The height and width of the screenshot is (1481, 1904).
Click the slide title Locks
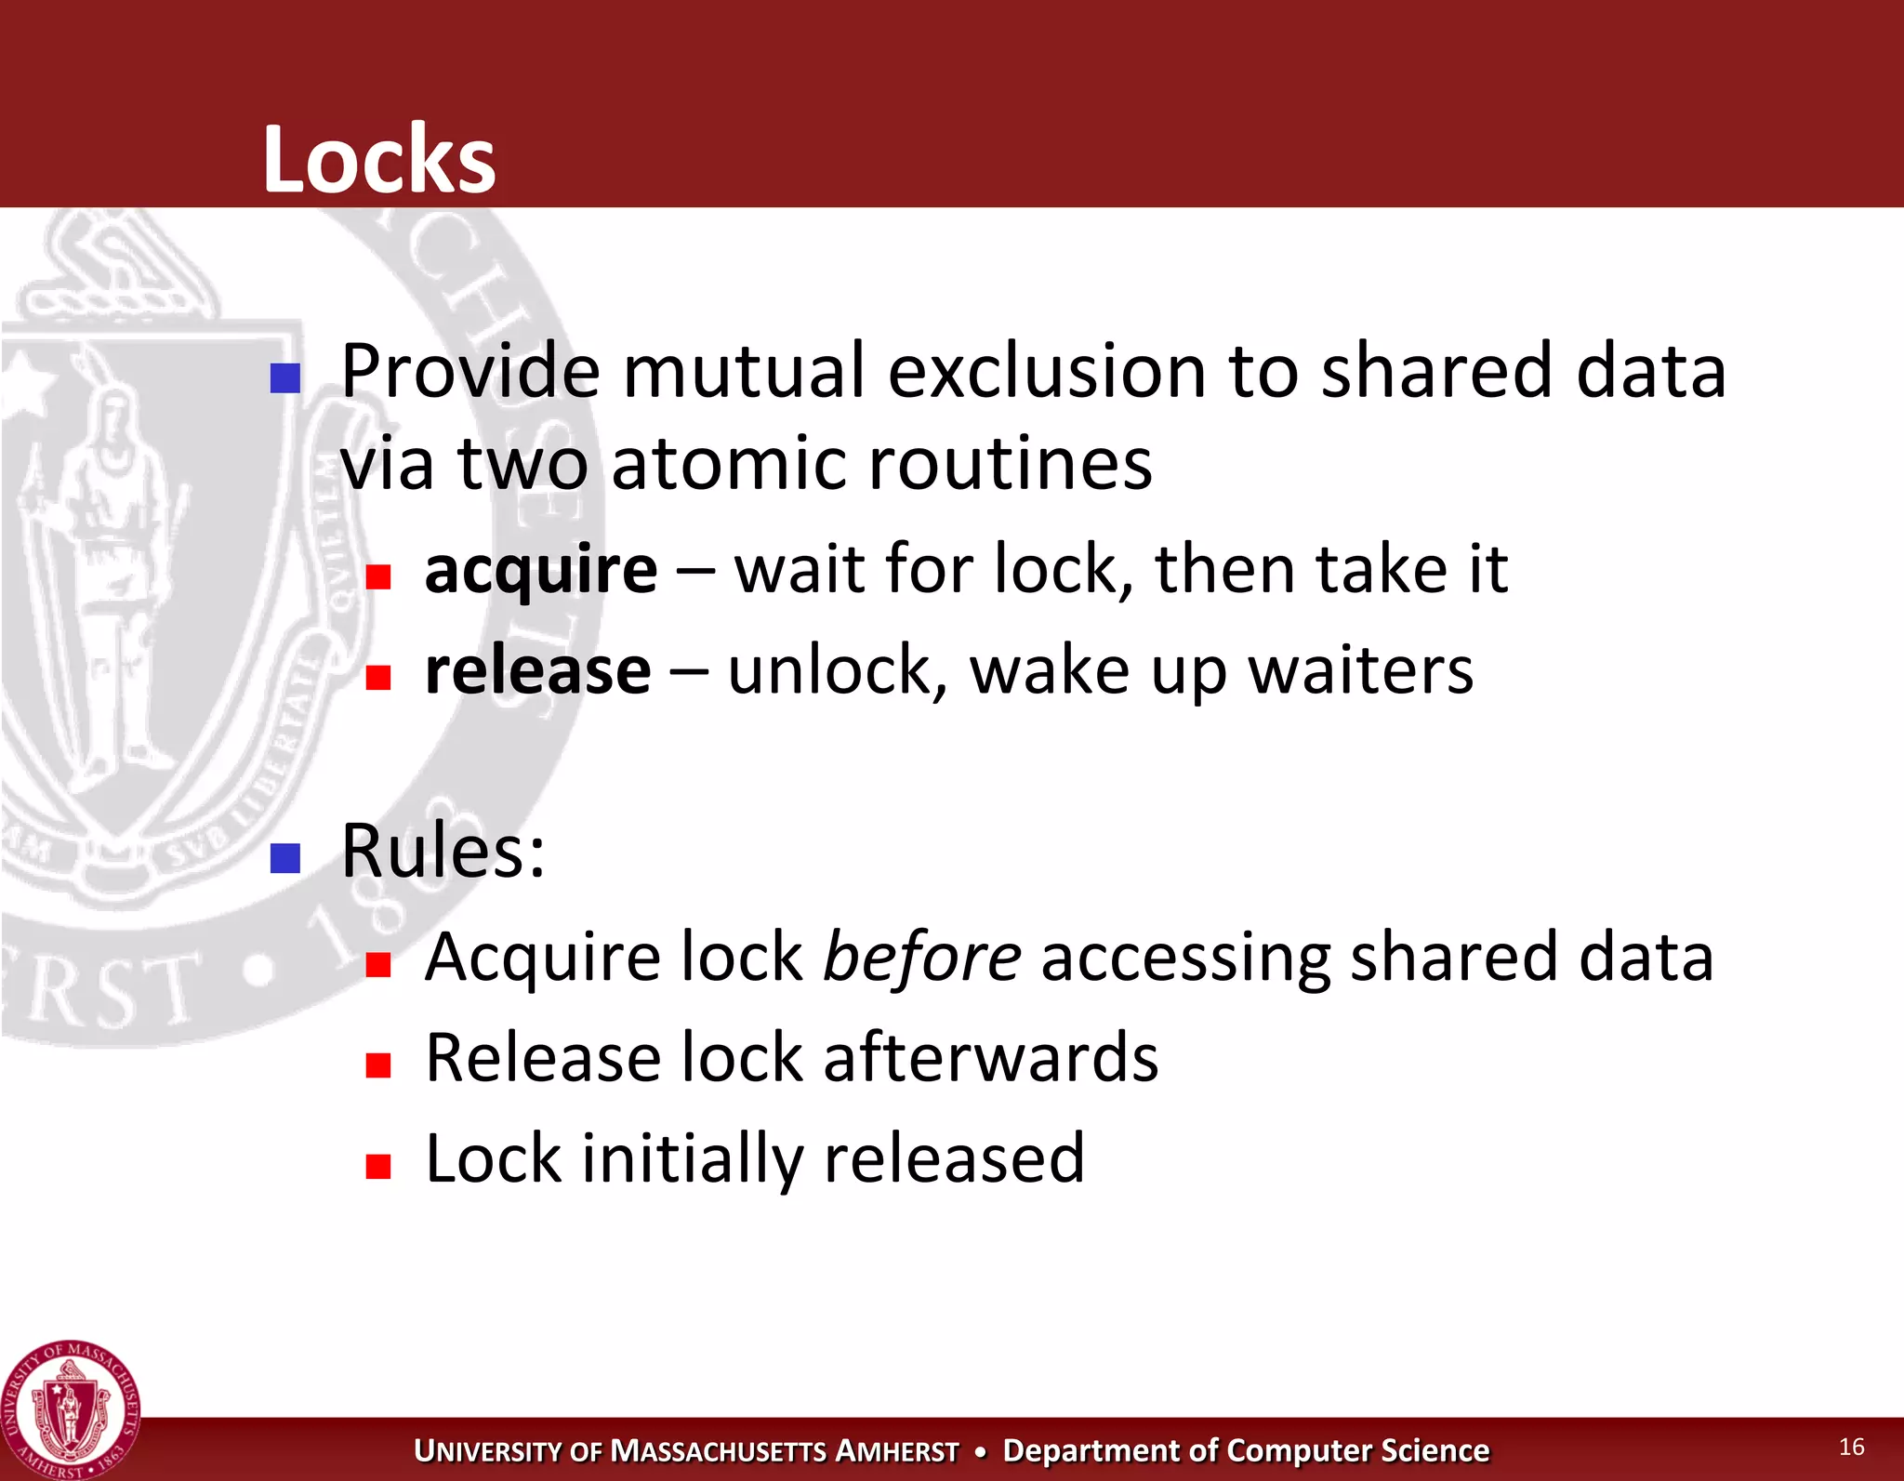[x=379, y=160]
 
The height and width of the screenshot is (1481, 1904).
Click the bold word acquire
[x=540, y=570]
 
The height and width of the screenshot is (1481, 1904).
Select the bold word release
[x=537, y=670]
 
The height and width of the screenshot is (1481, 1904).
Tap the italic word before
[x=921, y=957]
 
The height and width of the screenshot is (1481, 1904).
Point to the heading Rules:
[x=443, y=851]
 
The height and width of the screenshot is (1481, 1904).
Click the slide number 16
[x=1851, y=1447]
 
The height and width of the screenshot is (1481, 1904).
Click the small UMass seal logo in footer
[x=71, y=1410]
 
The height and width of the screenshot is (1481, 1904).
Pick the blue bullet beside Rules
[x=284, y=858]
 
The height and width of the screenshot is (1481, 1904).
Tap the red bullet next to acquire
[x=377, y=577]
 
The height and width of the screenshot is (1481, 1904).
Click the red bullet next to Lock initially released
[x=377, y=1166]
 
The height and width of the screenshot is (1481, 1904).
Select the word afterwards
[x=991, y=1058]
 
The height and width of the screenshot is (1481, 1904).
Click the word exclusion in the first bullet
[x=1047, y=371]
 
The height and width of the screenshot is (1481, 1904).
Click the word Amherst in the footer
[x=897, y=1451]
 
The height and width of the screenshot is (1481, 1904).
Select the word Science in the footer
[x=1435, y=1450]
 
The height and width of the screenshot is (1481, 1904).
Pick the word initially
[x=692, y=1159]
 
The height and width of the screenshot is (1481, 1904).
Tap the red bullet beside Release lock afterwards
[x=377, y=1065]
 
